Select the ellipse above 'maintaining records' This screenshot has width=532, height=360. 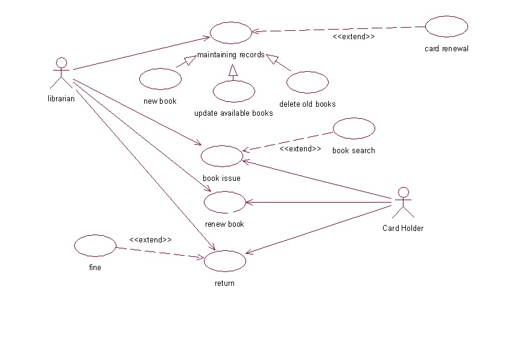[230, 32]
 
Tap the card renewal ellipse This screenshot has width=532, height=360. [446, 27]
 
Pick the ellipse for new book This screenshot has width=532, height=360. [160, 78]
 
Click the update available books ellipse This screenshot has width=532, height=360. [234, 91]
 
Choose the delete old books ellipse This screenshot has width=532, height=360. [308, 81]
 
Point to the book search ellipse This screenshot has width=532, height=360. [354, 128]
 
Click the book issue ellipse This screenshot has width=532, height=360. [221, 156]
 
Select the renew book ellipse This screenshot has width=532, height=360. [224, 202]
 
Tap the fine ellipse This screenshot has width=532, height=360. [95, 245]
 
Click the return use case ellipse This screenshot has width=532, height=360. [225, 261]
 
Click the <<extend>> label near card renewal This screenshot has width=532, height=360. [354, 37]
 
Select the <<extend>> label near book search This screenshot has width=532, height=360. [300, 148]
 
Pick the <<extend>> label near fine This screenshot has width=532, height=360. [150, 239]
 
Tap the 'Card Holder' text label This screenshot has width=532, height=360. [403, 228]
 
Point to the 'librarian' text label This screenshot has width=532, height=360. [61, 99]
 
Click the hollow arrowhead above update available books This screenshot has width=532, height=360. [233, 71]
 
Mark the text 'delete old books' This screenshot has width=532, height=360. [308, 104]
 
